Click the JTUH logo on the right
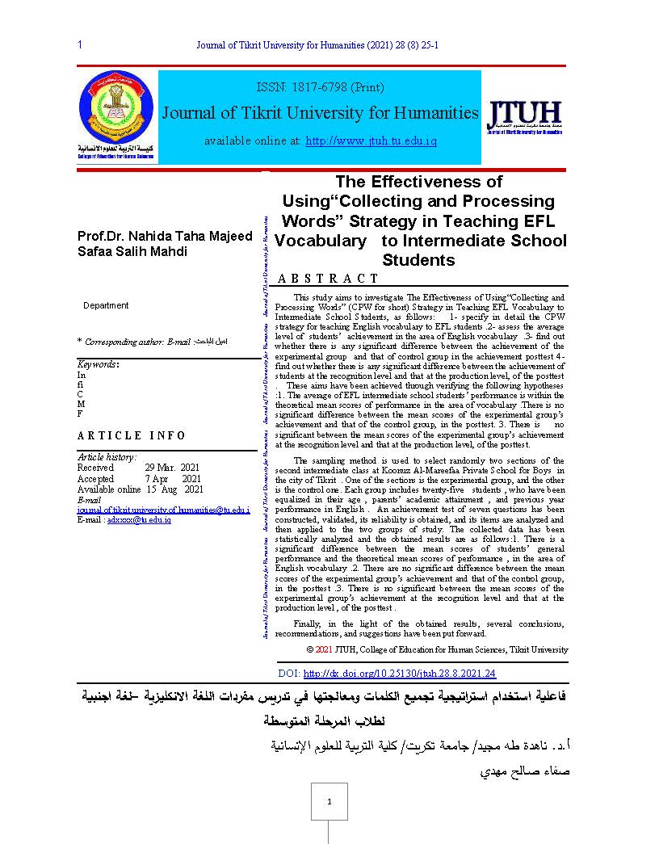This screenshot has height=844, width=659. [x=525, y=116]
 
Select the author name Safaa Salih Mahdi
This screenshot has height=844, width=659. [x=132, y=251]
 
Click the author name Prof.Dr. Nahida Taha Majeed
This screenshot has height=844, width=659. [x=164, y=236]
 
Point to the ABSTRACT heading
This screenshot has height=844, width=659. [x=328, y=279]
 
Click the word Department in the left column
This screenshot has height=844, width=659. [x=106, y=305]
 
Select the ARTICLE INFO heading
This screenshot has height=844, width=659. [x=132, y=435]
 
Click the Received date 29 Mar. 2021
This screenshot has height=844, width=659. [x=173, y=468]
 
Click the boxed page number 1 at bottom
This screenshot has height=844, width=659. [x=329, y=801]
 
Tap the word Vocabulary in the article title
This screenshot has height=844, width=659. [x=320, y=241]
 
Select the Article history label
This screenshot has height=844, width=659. [x=107, y=457]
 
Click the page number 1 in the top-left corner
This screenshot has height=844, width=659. [x=80, y=45]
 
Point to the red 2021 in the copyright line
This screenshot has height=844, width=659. [x=323, y=649]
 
